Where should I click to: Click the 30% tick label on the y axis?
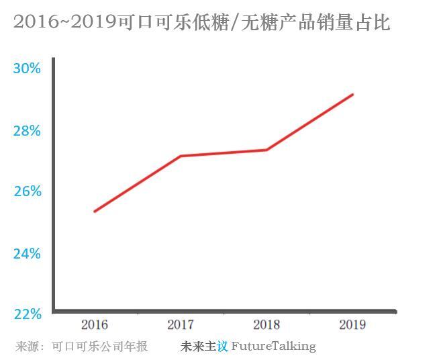[27, 69]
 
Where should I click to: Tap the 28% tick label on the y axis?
[27, 130]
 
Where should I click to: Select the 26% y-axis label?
[27, 191]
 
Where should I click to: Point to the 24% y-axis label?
[27, 253]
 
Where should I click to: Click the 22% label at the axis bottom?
[27, 314]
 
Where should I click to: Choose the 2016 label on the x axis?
[95, 325]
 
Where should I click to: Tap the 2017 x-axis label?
[181, 325]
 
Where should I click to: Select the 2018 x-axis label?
[266, 325]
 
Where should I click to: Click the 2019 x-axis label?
[352, 325]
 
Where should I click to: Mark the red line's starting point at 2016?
[95, 212]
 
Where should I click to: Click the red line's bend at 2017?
[181, 156]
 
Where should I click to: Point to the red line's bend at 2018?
[266, 150]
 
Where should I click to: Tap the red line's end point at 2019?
[353, 95]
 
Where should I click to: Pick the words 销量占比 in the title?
[352, 23]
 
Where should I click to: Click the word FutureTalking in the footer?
[273, 347]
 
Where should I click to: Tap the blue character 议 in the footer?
[222, 347]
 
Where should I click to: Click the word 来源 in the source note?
[26, 347]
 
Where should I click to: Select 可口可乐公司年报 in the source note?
[100, 347]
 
